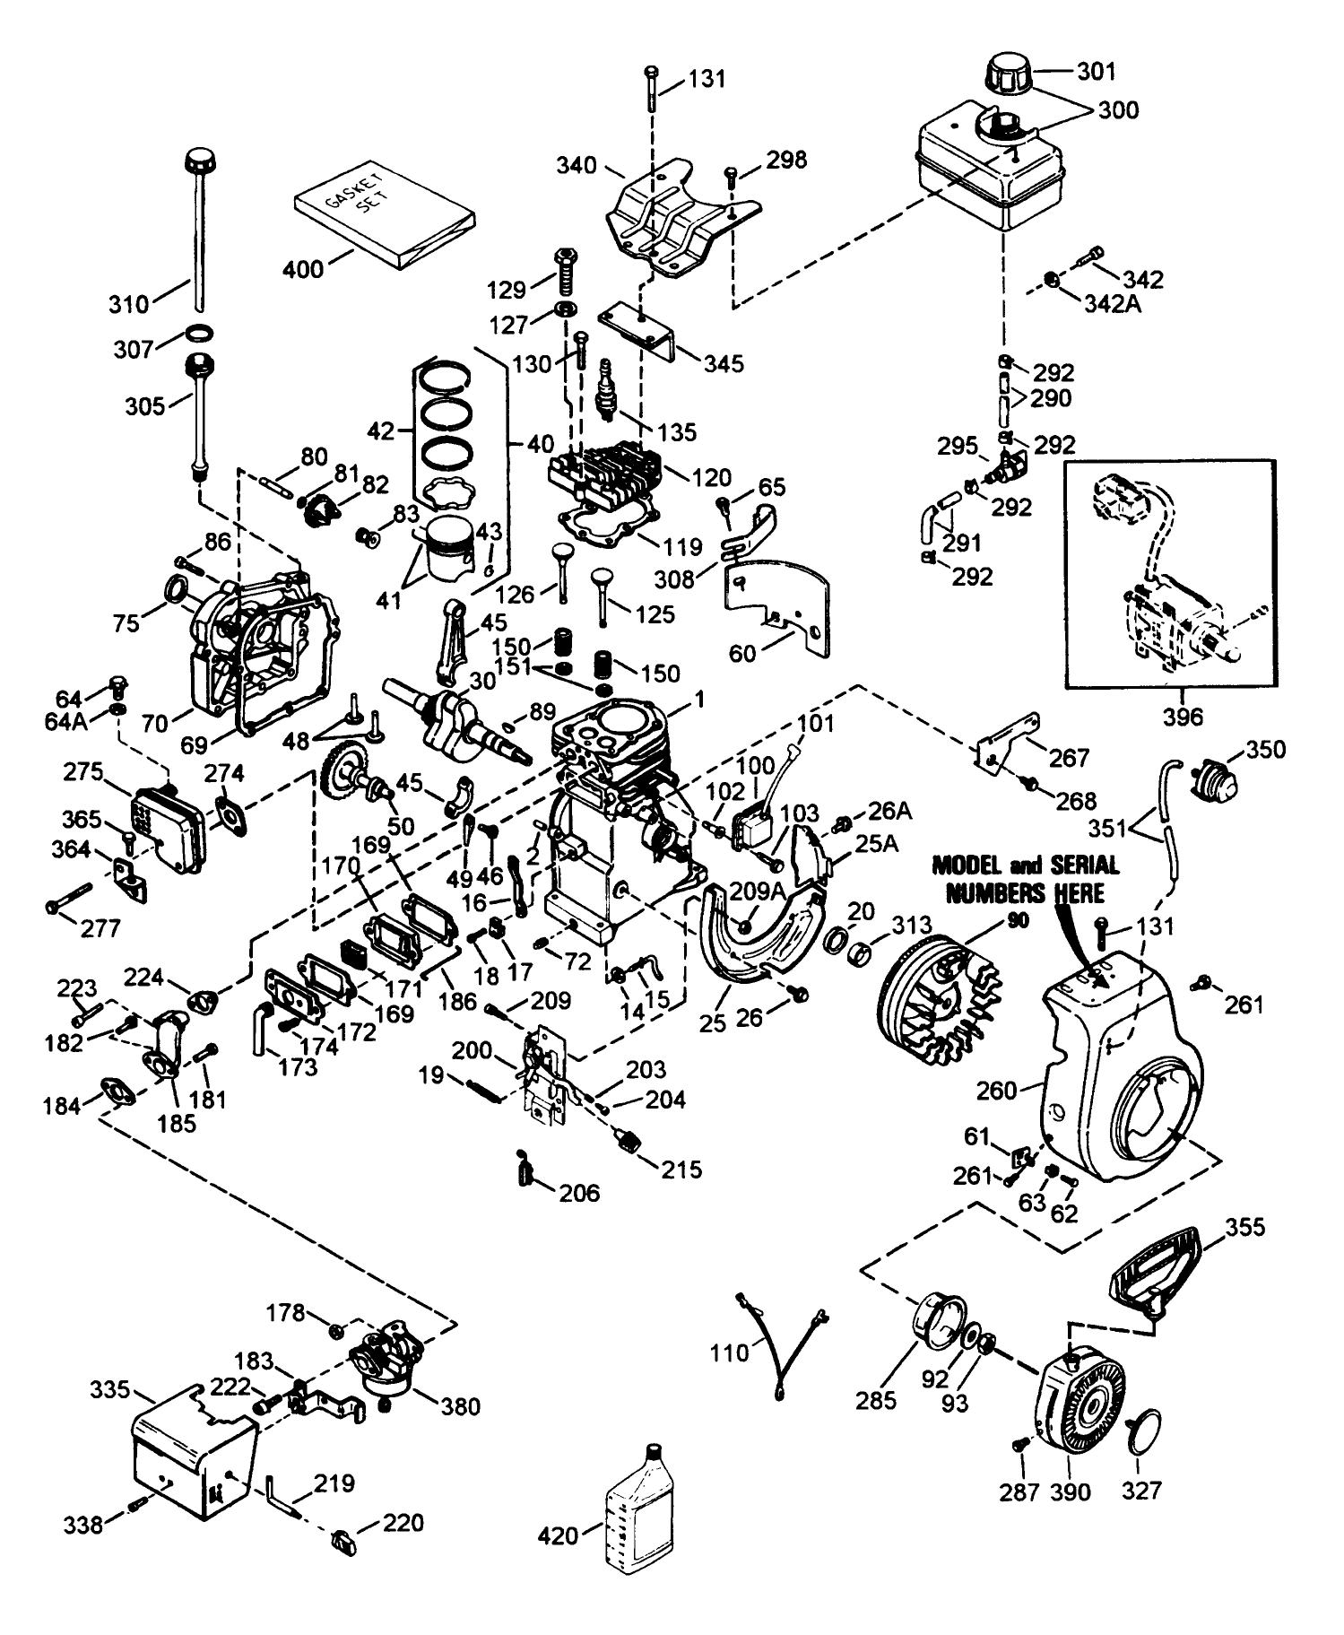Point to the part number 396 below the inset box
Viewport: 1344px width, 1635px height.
[1183, 717]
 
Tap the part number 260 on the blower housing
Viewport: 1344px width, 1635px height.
[996, 1091]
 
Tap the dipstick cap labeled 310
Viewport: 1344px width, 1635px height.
[199, 165]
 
